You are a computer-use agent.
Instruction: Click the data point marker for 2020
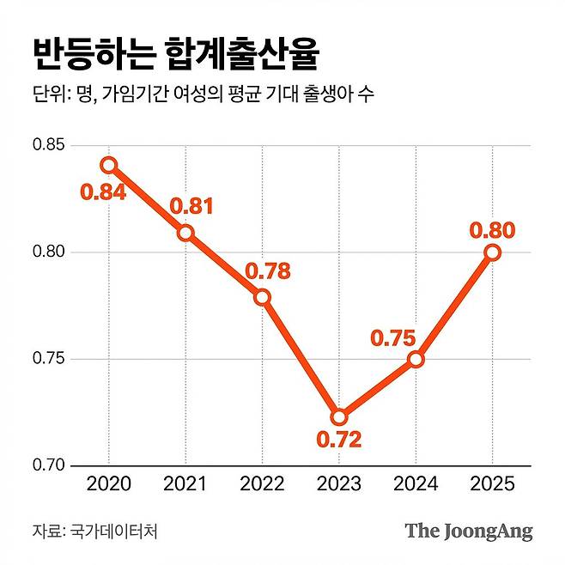pyautogui.click(x=108, y=164)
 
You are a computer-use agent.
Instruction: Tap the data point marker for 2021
pyautogui.click(x=185, y=233)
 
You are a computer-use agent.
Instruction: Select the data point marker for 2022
pyautogui.click(x=262, y=297)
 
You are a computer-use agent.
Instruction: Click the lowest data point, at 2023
pyautogui.click(x=339, y=417)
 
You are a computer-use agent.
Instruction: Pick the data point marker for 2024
pyautogui.click(x=416, y=359)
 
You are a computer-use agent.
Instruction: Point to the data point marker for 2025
pyautogui.click(x=492, y=252)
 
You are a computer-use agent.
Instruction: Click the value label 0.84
pyautogui.click(x=104, y=191)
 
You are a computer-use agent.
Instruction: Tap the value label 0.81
pyautogui.click(x=191, y=206)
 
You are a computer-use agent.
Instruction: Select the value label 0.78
pyautogui.click(x=267, y=271)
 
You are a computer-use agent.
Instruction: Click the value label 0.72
pyautogui.click(x=339, y=441)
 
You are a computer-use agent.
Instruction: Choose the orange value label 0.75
pyautogui.click(x=392, y=337)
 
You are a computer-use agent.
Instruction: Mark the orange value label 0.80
pyautogui.click(x=492, y=229)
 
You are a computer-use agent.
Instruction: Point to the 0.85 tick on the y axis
pyautogui.click(x=48, y=145)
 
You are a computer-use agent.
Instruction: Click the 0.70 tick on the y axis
pyautogui.click(x=48, y=465)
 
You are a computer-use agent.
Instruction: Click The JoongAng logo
pyautogui.click(x=469, y=531)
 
